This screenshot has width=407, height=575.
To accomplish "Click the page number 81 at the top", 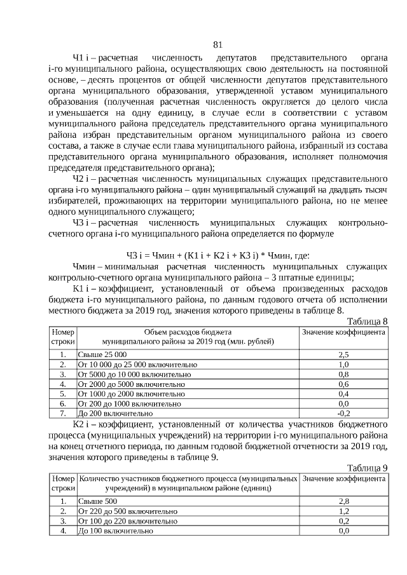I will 217,44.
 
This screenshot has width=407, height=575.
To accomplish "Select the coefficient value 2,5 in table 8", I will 343,355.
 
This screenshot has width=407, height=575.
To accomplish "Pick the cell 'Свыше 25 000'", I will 102,355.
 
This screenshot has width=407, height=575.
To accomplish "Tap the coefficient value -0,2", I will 343,413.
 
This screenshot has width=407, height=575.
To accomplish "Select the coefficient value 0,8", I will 343,374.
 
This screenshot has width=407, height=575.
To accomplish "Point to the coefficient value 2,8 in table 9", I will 343,502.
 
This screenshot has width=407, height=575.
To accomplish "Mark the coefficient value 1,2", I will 343,511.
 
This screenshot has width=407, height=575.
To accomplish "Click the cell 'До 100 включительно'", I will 115,531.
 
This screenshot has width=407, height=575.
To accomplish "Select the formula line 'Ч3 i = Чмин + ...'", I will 217,255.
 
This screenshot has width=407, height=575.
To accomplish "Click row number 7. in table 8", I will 63,413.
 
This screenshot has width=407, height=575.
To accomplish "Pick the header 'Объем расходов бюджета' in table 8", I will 188,332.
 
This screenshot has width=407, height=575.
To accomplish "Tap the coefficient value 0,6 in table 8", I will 343,384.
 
